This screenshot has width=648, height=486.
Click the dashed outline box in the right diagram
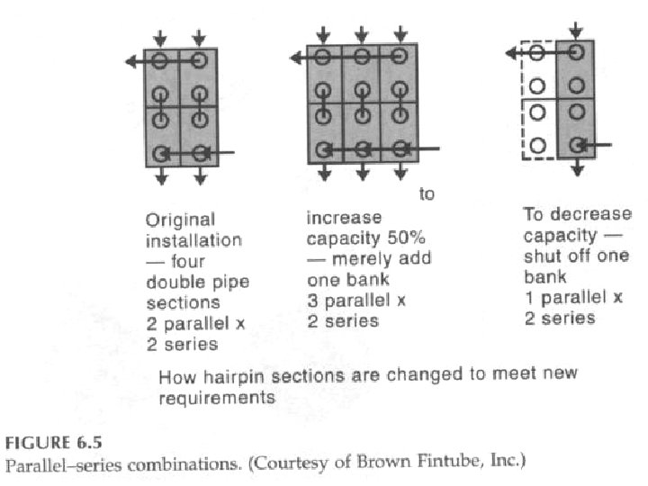538,99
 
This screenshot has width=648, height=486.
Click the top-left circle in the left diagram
160,60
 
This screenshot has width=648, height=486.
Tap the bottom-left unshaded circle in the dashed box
537,144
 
